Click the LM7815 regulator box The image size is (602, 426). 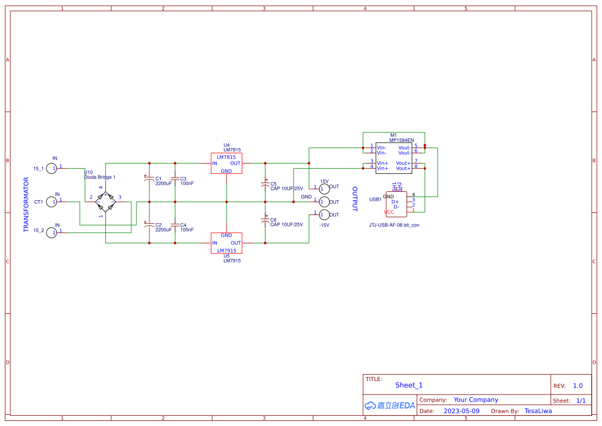tap(226, 163)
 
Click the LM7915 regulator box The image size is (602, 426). tap(226, 243)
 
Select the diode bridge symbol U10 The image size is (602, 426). tap(106, 202)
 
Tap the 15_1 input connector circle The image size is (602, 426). tap(51, 168)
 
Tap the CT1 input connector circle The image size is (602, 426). tap(51, 202)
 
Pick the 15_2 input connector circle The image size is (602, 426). tap(51, 233)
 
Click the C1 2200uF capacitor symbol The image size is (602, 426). tap(149, 179)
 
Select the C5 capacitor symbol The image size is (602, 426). tap(265, 184)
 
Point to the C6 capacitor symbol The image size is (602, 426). tap(265, 220)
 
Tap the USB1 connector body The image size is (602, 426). tap(396, 204)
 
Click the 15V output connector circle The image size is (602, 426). tap(324, 189)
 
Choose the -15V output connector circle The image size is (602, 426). tap(324, 215)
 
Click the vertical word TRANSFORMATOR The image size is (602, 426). tap(26, 205)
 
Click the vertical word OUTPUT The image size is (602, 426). tap(354, 199)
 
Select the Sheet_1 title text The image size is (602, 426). tap(409, 385)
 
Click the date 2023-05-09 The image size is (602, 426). tap(461, 411)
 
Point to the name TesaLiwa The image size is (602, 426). tap(538, 411)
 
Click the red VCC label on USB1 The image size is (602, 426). tap(389, 212)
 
